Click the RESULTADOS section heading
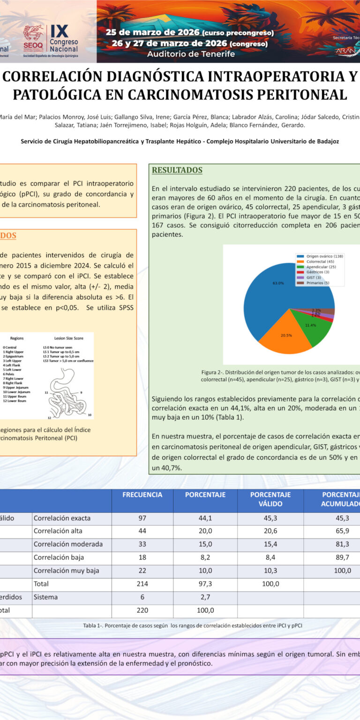click(177, 170)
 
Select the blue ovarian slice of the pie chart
click(272, 291)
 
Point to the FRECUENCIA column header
click(142, 495)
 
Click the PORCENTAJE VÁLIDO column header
click(270, 499)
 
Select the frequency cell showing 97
click(142, 518)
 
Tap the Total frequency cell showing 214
click(142, 584)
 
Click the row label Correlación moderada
click(68, 544)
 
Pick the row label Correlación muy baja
click(66, 571)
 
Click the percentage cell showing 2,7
click(205, 597)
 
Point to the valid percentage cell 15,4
click(270, 544)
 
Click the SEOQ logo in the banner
click(33, 37)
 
